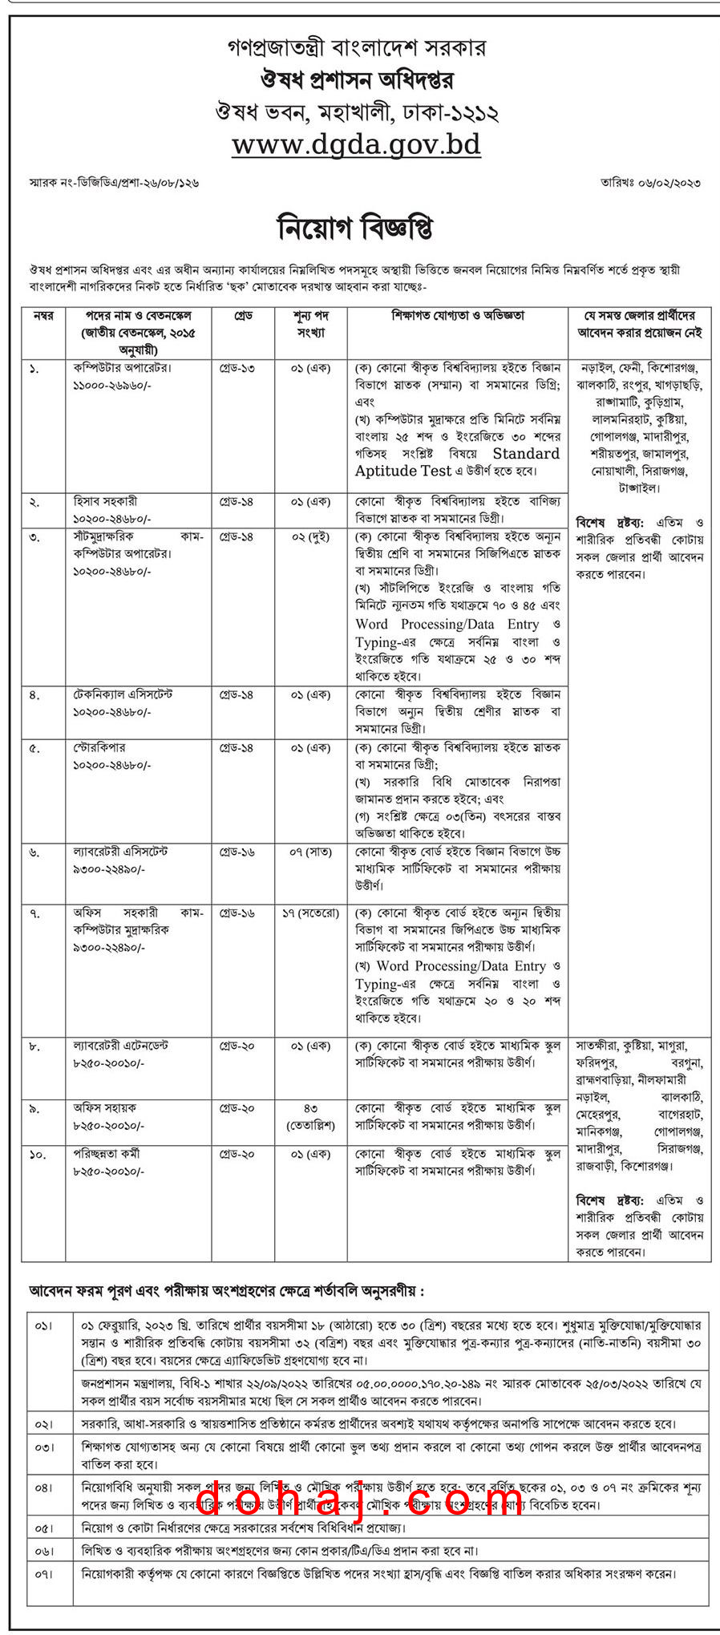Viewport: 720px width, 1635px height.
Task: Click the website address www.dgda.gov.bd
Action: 356,144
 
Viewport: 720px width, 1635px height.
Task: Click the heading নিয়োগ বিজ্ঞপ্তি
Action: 356,228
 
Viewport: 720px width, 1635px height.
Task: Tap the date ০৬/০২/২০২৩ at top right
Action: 651,183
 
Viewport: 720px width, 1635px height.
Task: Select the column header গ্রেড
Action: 243,316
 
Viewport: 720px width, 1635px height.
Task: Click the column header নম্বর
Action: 43,316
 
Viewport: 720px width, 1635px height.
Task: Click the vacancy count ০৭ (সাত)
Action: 310,852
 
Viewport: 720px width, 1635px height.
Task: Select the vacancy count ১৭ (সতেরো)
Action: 310,913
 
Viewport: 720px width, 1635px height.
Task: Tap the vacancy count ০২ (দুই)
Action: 310,536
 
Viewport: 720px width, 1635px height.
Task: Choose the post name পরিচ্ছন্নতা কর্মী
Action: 107,1154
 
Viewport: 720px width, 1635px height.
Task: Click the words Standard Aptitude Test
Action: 458,463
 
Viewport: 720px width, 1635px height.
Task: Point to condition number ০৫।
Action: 43,1528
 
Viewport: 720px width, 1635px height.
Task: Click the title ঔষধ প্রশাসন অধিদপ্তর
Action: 357,80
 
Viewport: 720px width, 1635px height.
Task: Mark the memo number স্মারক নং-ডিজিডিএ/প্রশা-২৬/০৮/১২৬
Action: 114,183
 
